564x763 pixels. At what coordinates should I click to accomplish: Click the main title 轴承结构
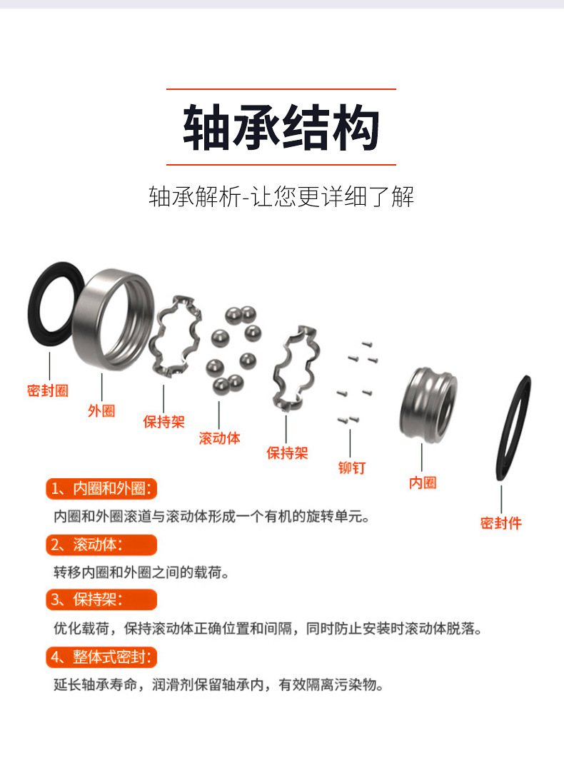281,128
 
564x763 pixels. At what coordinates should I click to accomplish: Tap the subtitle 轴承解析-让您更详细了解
281,196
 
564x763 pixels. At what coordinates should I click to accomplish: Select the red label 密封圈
48,391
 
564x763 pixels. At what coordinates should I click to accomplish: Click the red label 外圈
101,411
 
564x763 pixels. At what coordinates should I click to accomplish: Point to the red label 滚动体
219,438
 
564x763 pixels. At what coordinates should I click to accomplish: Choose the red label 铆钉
351,468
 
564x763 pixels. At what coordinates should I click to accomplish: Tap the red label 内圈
423,483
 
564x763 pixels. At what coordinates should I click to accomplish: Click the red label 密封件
500,523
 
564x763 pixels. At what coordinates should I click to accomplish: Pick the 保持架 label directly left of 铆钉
287,453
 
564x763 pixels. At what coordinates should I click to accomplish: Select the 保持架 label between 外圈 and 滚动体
163,421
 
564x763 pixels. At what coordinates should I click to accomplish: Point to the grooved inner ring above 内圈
427,405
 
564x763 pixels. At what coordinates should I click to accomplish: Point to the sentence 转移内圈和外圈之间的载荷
141,572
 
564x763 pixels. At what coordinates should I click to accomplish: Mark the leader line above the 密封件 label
501,499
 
